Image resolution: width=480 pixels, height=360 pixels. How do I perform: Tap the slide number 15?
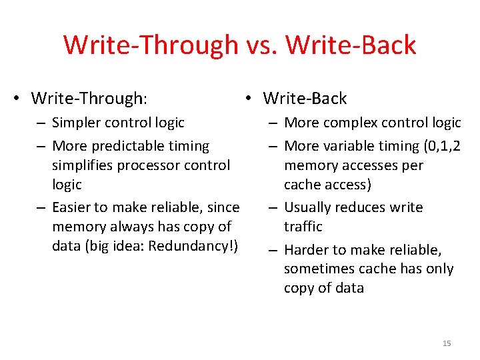coord(447,343)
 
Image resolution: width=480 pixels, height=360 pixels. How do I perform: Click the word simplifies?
coord(83,165)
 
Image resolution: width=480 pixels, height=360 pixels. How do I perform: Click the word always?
coord(129,227)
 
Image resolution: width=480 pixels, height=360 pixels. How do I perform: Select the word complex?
coord(347,123)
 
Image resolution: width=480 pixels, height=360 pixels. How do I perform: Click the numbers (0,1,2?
coord(438,145)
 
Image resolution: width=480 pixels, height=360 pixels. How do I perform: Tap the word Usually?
coord(308,207)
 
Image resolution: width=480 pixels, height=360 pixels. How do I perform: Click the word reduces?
coord(360,207)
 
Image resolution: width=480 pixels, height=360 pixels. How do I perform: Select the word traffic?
coord(303,227)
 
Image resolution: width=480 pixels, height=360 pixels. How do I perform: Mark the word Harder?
coord(306,250)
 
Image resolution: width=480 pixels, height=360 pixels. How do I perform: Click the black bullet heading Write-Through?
coord(89,99)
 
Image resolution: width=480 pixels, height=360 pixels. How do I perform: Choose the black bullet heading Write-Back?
coord(305,99)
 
